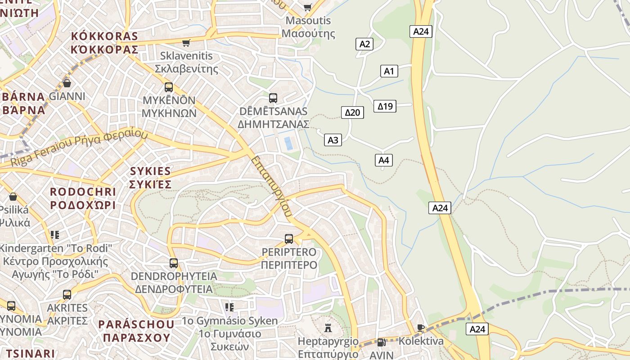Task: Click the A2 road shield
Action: (x=364, y=44)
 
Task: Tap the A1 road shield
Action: (x=389, y=71)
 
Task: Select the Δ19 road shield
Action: (x=385, y=106)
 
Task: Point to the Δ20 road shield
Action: (x=352, y=112)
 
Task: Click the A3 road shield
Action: (x=333, y=140)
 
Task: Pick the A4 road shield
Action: (x=383, y=160)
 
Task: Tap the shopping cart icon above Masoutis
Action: (x=308, y=7)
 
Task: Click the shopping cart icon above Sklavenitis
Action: (x=186, y=43)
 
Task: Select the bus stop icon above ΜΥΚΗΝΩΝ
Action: (x=169, y=87)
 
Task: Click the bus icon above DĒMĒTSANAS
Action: (x=273, y=98)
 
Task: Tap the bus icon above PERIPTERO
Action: (x=289, y=238)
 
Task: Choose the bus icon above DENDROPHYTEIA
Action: (x=174, y=263)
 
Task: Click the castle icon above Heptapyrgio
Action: (x=328, y=328)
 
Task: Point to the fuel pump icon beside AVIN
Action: (x=381, y=342)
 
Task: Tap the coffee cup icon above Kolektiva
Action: (x=421, y=328)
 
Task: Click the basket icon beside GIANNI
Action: (x=67, y=83)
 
